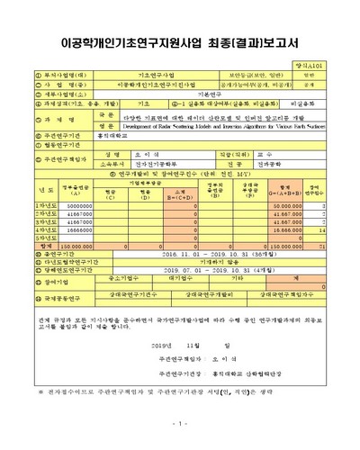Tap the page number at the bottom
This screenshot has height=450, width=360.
coord(180,422)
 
